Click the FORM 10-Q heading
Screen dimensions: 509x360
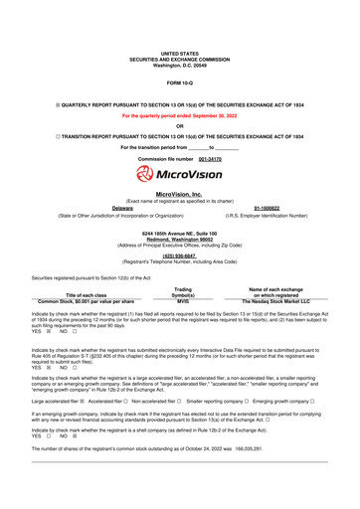[180, 80]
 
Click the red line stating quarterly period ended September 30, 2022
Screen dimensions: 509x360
[180, 115]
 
